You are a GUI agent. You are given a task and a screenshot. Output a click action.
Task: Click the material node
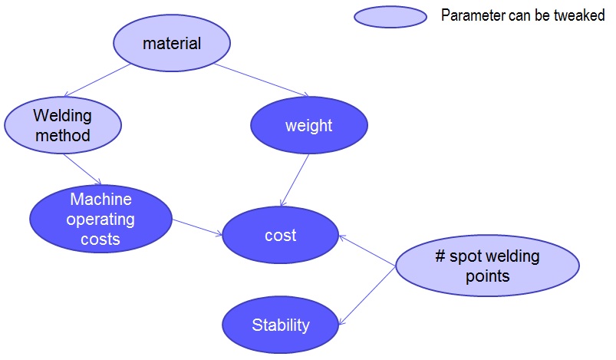[x=172, y=43]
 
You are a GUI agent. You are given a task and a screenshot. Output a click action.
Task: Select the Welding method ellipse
[x=62, y=125]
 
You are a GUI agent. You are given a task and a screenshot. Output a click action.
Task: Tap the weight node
[x=309, y=125]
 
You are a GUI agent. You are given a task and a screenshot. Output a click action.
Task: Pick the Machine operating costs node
[x=100, y=219]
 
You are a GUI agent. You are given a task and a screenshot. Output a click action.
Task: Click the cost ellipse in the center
[x=280, y=235]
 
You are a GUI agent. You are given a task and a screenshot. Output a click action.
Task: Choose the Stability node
[x=281, y=325]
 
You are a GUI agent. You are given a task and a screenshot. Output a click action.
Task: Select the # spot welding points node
[x=487, y=266]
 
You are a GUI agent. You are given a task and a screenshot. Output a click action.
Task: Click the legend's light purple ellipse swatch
[x=390, y=16]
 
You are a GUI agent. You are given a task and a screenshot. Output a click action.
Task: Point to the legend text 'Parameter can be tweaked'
[x=522, y=15]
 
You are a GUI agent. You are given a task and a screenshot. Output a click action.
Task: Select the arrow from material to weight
[x=261, y=79]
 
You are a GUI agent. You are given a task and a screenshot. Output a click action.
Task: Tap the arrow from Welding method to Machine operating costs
[x=83, y=168]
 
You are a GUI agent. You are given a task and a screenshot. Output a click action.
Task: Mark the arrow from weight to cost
[x=295, y=180]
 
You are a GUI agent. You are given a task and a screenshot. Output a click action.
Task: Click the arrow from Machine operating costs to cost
[x=197, y=226]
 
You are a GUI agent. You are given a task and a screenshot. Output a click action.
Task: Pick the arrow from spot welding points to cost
[x=367, y=252]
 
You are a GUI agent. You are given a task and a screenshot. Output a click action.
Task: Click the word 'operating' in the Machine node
[x=100, y=220]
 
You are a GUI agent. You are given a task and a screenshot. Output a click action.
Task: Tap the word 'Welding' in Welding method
[x=62, y=116]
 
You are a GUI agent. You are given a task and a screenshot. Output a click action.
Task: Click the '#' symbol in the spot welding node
[x=440, y=256]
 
